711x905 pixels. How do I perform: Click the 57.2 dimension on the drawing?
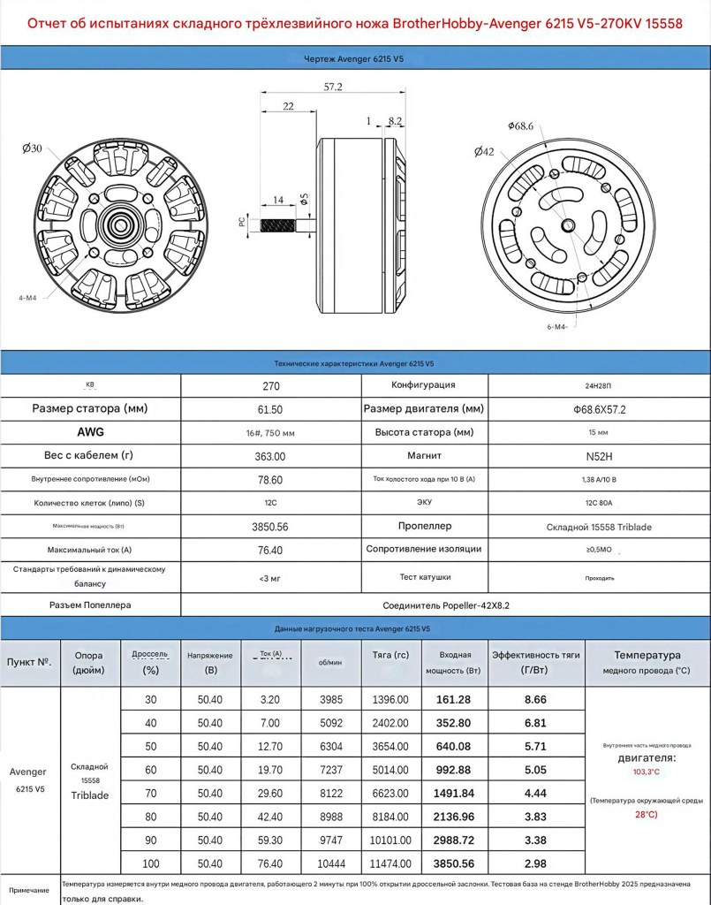pos(333,87)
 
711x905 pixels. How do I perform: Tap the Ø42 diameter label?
pos(484,152)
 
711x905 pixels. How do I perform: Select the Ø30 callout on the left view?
pos(32,148)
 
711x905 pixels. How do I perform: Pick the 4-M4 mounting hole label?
pos(27,298)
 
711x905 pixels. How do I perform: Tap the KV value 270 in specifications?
pos(271,386)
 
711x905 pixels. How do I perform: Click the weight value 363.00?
pos(271,456)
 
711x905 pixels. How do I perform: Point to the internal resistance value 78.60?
pos(271,479)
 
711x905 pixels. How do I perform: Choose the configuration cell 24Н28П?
pos(599,386)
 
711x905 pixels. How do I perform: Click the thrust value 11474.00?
pos(390,863)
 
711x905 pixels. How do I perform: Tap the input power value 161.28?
pos(454,699)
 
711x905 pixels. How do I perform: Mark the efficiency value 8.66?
pos(535,699)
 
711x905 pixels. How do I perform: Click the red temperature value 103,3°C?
pos(647,772)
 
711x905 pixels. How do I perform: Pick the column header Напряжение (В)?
pos(210,663)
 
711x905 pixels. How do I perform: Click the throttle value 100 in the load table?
pos(150,863)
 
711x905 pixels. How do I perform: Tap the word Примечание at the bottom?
pos(29,890)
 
